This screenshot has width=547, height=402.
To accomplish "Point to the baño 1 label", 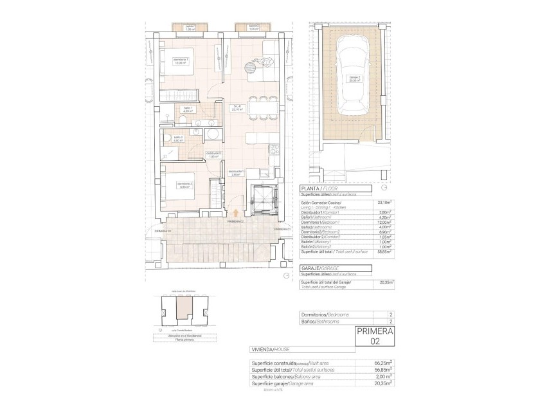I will click(188, 109).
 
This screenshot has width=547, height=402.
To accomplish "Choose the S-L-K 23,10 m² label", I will click(237, 107).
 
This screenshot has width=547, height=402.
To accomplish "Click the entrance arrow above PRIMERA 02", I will click(236, 212).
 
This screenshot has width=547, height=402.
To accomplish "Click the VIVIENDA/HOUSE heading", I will click(272, 350).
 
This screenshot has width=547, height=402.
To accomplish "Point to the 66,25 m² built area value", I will click(385, 363).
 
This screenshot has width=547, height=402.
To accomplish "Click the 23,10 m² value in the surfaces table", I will click(385, 202).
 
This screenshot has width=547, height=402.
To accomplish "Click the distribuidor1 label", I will click(235, 172).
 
